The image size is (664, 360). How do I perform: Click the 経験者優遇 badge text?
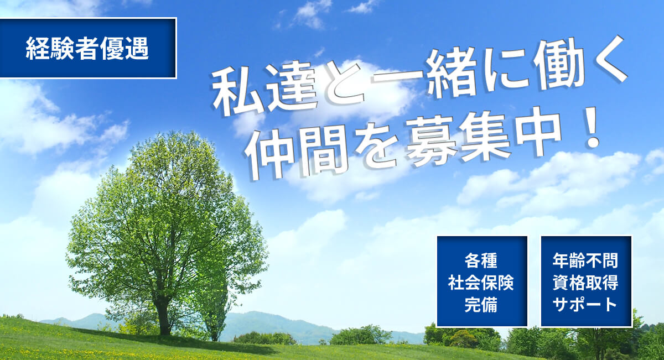(x=87, y=49)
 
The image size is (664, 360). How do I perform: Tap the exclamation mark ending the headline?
(x=593, y=128)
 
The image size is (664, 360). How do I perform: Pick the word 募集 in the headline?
(x=458, y=141)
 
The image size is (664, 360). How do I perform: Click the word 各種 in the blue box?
(x=481, y=261)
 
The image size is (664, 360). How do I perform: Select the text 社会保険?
(x=481, y=283)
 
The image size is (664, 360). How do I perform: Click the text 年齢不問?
(x=585, y=261)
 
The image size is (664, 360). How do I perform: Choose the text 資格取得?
(x=585, y=283)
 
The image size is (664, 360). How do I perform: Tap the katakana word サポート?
(x=585, y=304)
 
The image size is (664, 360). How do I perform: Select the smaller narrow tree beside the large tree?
(x=214, y=296)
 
